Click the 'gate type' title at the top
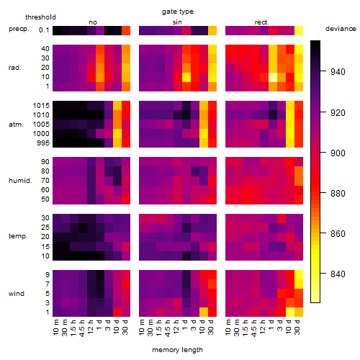(178, 12)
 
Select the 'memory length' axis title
(177, 350)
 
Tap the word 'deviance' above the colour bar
(341, 29)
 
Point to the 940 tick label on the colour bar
(338, 71)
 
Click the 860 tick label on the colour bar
(338, 233)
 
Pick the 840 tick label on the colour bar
(338, 274)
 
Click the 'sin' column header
(177, 22)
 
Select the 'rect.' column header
(261, 22)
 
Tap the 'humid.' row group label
(20, 181)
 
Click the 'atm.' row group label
(16, 125)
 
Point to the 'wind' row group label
(17, 293)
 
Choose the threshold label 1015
(41, 106)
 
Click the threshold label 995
(43, 143)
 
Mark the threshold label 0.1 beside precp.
(44, 30)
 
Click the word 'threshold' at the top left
(40, 17)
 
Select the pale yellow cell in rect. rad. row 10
(273, 77)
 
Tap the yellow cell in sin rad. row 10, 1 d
(186, 77)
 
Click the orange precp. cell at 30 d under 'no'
(126, 30)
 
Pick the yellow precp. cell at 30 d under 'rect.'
(299, 30)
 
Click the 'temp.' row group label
(18, 236)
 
